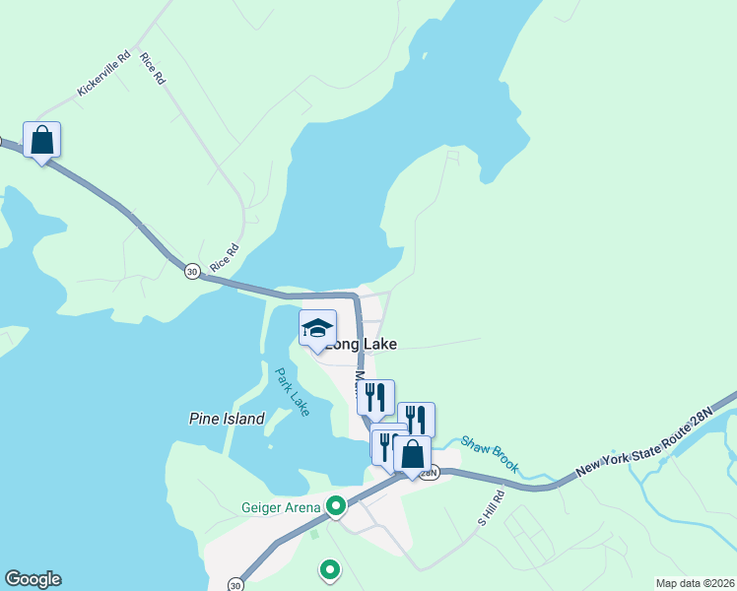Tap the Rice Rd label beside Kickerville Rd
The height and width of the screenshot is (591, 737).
pos(152,69)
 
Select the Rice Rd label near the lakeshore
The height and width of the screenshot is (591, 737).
pos(225,258)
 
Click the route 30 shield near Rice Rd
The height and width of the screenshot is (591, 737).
pos(191,270)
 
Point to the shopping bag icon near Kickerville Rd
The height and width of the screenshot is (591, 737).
pos(41,140)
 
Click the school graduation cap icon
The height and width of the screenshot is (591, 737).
pos(317,328)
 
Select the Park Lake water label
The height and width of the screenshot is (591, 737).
pos(292,391)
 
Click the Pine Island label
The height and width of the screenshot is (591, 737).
pos(227,419)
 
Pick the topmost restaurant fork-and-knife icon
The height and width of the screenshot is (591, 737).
pos(375,397)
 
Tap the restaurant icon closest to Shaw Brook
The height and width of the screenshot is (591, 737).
pos(416,420)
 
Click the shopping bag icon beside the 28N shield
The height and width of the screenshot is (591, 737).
pos(412,454)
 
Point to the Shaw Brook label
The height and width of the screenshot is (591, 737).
pos(490,454)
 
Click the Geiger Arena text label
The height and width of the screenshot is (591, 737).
pos(281,507)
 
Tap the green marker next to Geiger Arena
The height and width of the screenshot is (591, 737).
pos(336,506)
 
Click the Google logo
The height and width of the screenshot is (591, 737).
pos(33,579)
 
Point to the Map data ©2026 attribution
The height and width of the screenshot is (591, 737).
pos(696,583)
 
